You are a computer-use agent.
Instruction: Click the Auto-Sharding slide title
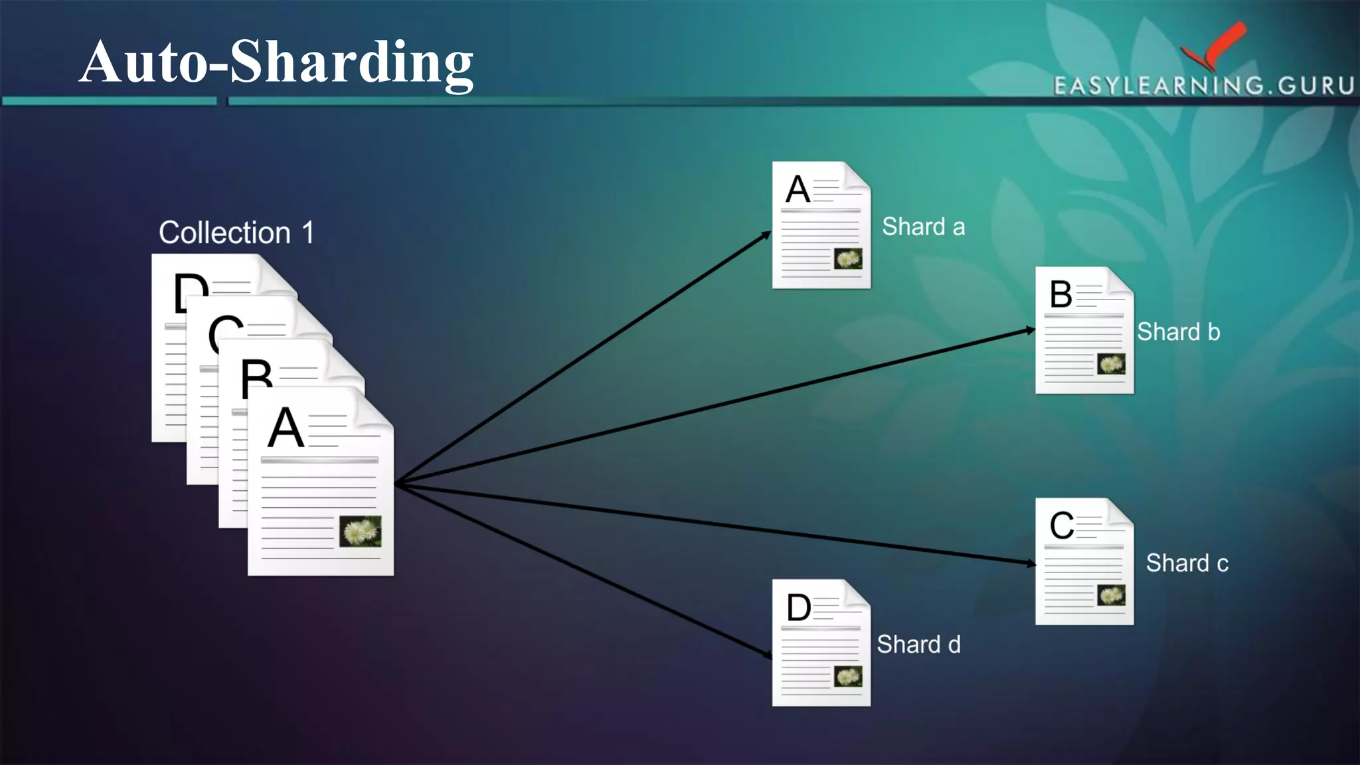coord(276,62)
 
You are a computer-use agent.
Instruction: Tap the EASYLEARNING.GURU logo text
coord(1203,86)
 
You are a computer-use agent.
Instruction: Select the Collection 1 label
coord(236,233)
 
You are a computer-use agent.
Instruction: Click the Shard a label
coord(923,227)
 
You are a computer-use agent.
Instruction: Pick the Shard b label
coord(1178,332)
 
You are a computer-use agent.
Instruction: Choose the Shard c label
coord(1187,563)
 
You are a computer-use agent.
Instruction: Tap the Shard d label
coord(918,644)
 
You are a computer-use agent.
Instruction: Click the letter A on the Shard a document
coord(798,190)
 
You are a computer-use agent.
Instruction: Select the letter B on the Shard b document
coord(1061,294)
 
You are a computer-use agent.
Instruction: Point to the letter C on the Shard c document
coord(1061,526)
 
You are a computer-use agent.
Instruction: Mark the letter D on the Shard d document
coord(798,608)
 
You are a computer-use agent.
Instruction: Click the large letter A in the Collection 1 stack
coord(286,428)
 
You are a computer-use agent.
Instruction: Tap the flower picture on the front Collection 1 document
coord(361,531)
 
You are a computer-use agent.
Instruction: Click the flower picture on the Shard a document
coord(848,259)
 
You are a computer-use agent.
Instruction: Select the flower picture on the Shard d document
coord(848,677)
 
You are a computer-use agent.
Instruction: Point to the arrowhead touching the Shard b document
coord(1030,330)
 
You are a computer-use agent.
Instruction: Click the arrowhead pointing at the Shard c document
coord(1031,564)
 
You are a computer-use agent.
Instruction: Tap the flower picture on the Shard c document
coord(1111,595)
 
